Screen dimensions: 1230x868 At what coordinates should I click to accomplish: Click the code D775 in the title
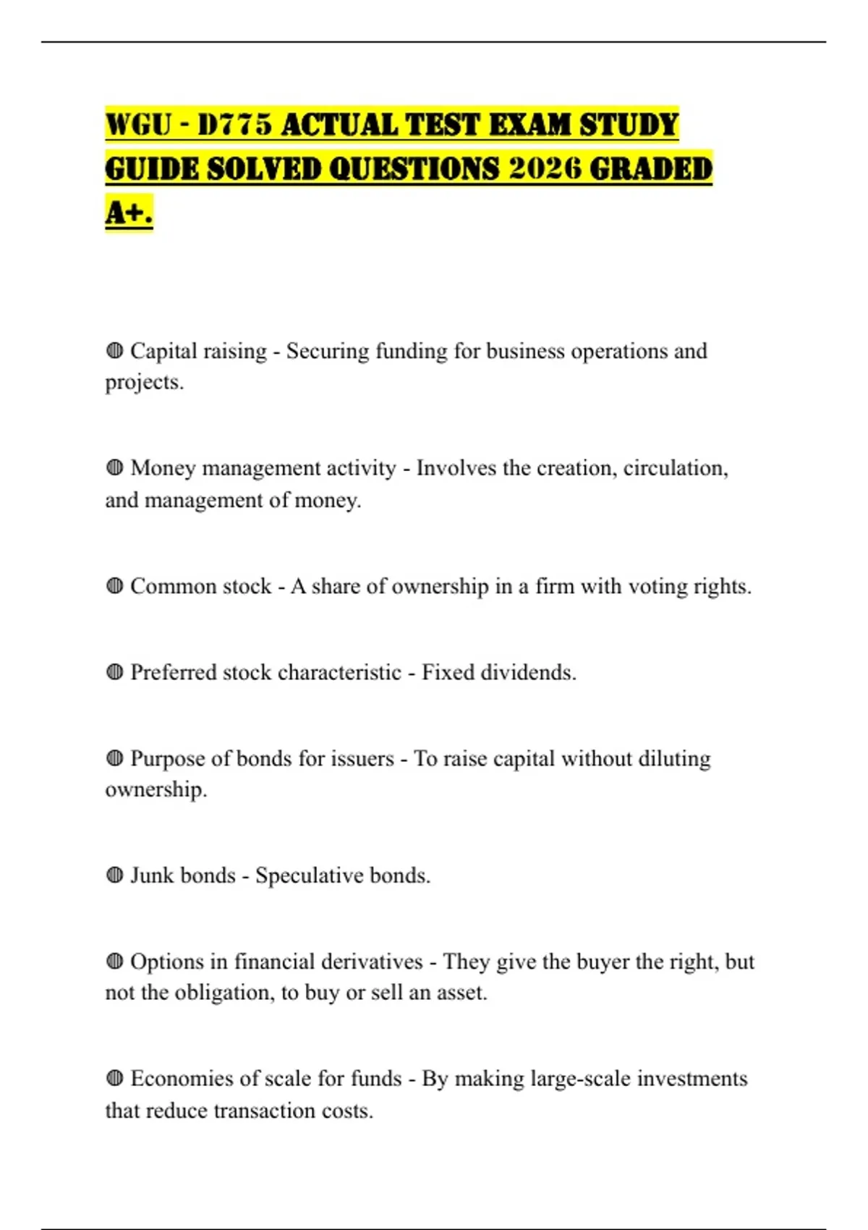(235, 125)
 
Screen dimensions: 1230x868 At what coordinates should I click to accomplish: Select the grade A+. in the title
(129, 213)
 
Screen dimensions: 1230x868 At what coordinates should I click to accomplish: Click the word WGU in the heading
(138, 125)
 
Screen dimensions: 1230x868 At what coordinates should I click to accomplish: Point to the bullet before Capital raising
(114, 352)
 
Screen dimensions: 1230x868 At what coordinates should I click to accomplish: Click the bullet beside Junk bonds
(114, 875)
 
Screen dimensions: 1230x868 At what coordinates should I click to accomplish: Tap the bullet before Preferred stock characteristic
(114, 672)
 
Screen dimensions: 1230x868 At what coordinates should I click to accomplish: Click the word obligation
(225, 993)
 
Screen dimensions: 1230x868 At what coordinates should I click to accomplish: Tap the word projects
(144, 383)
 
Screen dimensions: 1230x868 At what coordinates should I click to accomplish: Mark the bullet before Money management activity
(114, 469)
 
